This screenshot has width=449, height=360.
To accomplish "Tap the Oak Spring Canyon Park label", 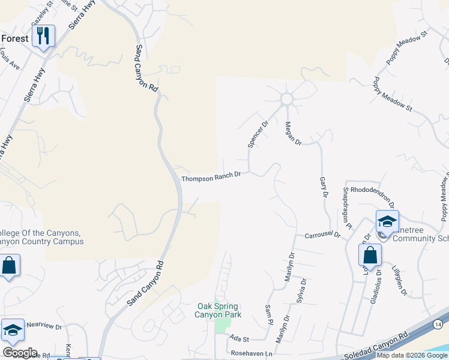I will [x=219, y=310].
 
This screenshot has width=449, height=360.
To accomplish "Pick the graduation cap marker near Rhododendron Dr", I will [x=387, y=221].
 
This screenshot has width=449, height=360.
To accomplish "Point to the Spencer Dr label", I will [x=258, y=134].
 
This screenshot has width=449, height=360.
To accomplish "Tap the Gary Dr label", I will [x=324, y=187].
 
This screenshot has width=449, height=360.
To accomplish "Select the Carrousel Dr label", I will [x=322, y=235].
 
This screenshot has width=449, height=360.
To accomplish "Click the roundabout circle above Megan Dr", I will [x=286, y=98].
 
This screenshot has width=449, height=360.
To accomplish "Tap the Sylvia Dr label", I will [x=301, y=290].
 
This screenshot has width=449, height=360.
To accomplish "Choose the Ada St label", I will [x=238, y=340].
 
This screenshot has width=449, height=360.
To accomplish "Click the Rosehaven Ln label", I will [x=252, y=355].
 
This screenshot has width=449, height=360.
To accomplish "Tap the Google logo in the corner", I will [x=20, y=353].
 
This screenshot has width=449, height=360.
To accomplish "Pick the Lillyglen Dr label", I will [x=399, y=281].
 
